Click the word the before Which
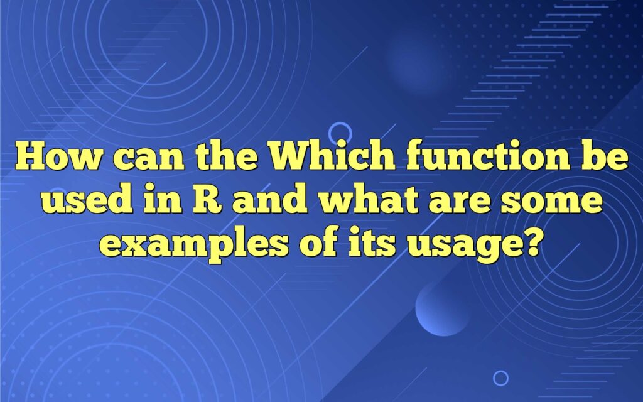click(226, 156)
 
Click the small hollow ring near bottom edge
click(500, 378)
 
